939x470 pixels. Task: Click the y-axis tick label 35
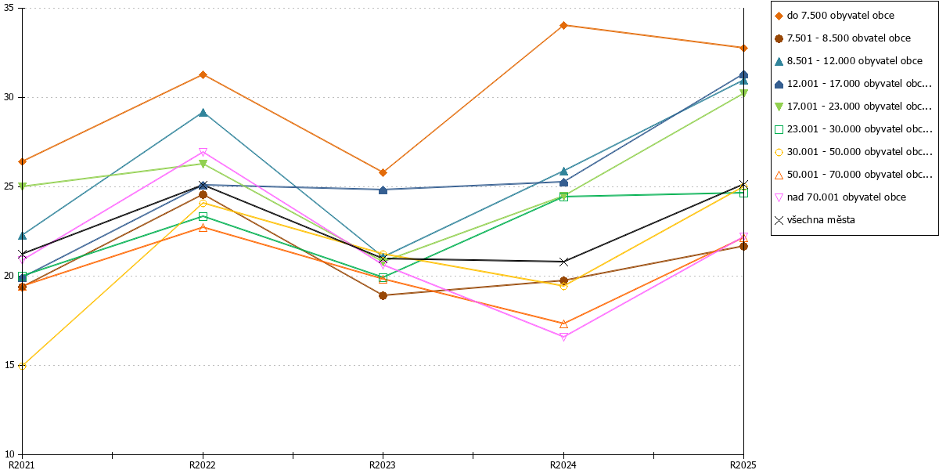pyautogui.click(x=9, y=8)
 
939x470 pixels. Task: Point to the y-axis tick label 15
pyautogui.click(x=9, y=365)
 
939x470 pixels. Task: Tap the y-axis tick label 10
pyautogui.click(x=9, y=454)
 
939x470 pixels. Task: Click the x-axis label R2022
pyautogui.click(x=203, y=465)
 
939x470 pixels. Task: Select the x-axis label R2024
pyautogui.click(x=563, y=465)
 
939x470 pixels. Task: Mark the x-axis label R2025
pyautogui.click(x=743, y=465)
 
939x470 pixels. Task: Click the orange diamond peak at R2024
pyautogui.click(x=563, y=26)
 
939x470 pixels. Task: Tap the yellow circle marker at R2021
pyautogui.click(x=22, y=366)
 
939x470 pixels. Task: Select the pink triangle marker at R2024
pyautogui.click(x=563, y=337)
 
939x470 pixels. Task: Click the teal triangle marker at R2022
pyautogui.click(x=203, y=113)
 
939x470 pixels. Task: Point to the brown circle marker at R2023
pyautogui.click(x=383, y=296)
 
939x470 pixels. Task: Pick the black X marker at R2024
pyautogui.click(x=563, y=262)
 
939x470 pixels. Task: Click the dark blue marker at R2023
pyautogui.click(x=383, y=190)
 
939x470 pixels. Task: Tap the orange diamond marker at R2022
pyautogui.click(x=203, y=75)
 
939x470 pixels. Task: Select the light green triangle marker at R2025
pyautogui.click(x=743, y=93)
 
